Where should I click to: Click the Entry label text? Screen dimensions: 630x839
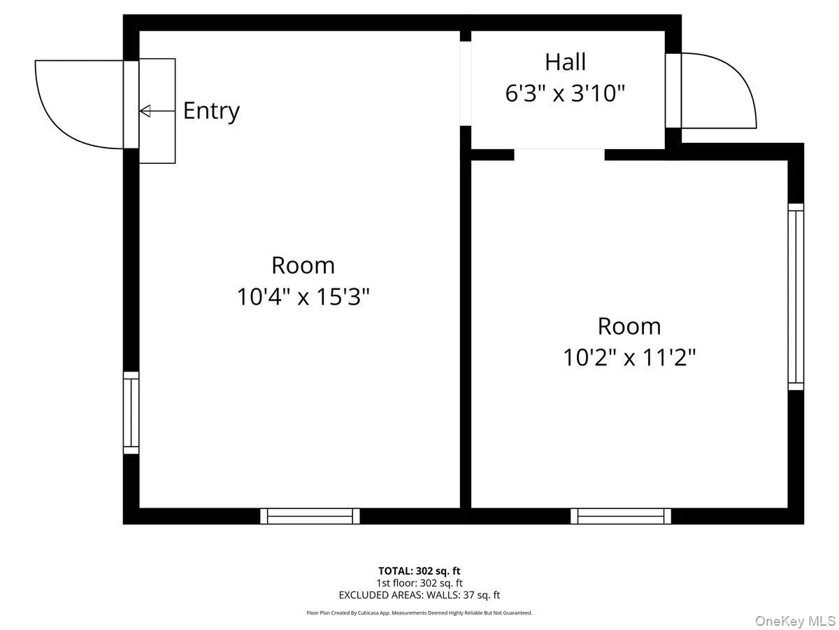pyautogui.click(x=211, y=111)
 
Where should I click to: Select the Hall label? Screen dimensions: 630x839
pyautogui.click(x=565, y=62)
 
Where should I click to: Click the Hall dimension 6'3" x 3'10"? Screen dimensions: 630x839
pyautogui.click(x=565, y=93)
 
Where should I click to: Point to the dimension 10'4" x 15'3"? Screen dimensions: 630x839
pyautogui.click(x=303, y=297)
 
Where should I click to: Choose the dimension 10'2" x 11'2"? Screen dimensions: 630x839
pyautogui.click(x=629, y=358)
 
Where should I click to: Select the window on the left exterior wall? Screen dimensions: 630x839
pyautogui.click(x=131, y=413)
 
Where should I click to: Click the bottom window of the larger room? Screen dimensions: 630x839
pyautogui.click(x=310, y=516)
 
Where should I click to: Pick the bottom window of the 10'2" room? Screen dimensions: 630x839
pyautogui.click(x=620, y=516)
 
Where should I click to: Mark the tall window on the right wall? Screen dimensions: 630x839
pyautogui.click(x=796, y=297)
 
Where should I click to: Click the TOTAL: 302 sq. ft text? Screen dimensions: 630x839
pyautogui.click(x=419, y=570)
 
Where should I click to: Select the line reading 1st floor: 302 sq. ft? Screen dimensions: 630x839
pyautogui.click(x=419, y=582)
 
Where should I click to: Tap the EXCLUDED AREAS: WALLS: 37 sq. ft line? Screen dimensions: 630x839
pyautogui.click(x=419, y=595)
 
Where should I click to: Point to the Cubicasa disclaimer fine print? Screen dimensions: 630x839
pyautogui.click(x=419, y=612)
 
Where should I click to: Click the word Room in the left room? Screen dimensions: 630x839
pyautogui.click(x=303, y=265)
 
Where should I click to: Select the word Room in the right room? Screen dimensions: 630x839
pyautogui.click(x=629, y=326)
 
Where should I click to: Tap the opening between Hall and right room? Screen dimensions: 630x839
pyautogui.click(x=559, y=154)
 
